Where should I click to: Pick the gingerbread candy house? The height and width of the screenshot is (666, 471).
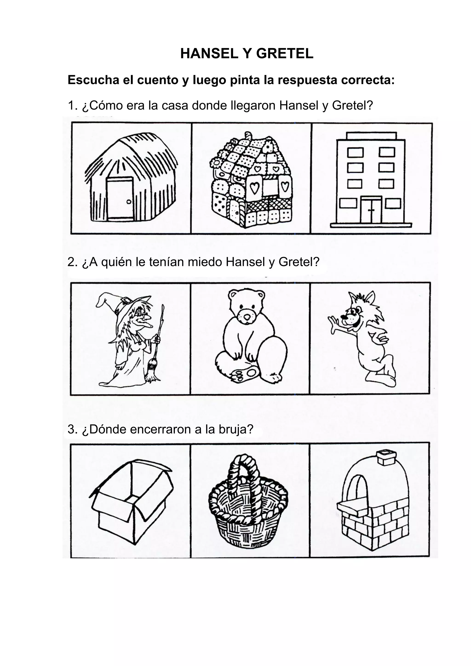click(x=251, y=181)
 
